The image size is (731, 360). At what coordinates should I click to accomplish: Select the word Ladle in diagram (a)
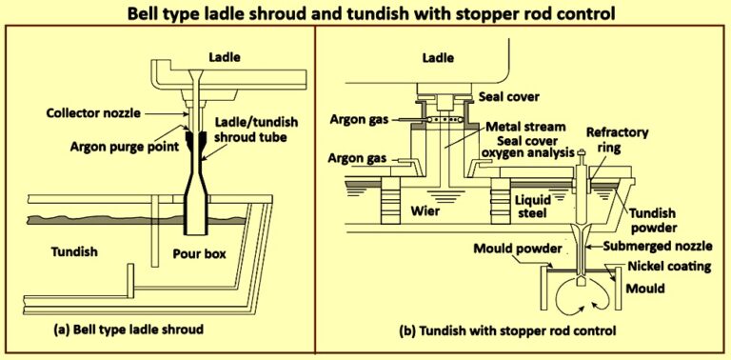tap(228, 57)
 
